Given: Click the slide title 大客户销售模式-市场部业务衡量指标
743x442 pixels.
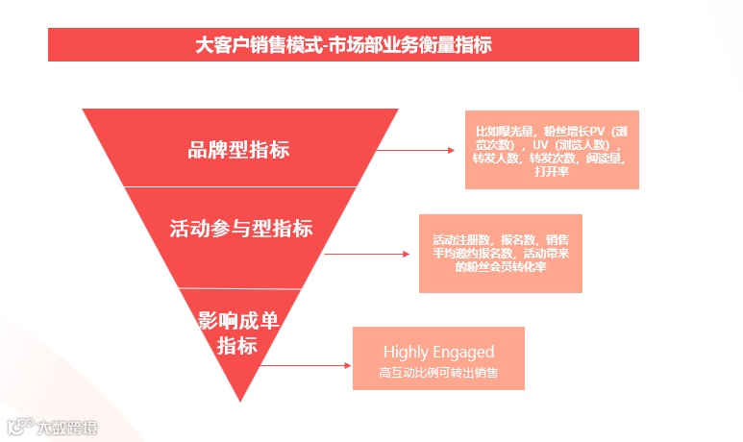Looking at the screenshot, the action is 343,44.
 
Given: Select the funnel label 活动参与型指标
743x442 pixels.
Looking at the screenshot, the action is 240,230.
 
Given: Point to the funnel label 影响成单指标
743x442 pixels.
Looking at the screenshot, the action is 237,332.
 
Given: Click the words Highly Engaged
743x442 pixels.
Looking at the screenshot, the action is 438,352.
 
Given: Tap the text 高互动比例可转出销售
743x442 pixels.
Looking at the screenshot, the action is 438,372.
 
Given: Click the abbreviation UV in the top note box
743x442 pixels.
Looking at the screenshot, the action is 539,144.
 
